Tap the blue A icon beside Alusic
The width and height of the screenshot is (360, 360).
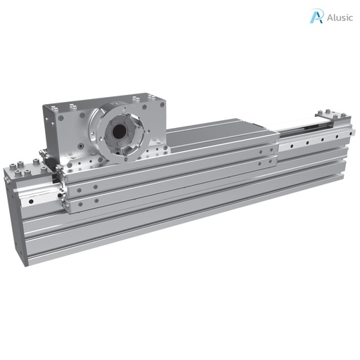coord(316,16)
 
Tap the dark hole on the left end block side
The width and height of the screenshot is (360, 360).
coord(30,200)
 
